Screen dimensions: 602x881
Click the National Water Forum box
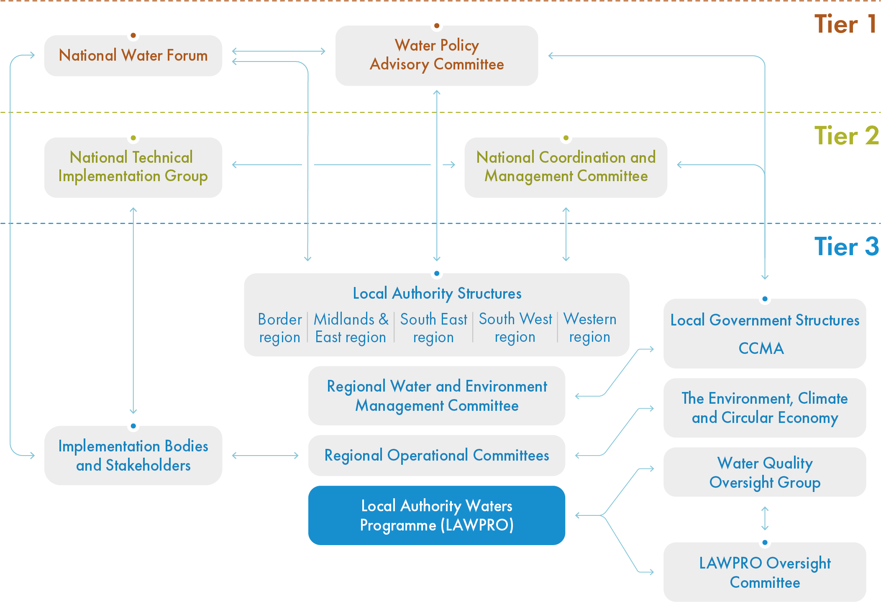click(x=133, y=56)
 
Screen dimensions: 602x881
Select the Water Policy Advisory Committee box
click(x=436, y=55)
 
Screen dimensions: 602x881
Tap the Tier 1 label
click(x=845, y=24)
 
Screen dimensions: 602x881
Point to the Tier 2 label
click(x=846, y=136)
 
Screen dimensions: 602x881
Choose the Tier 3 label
click(x=846, y=246)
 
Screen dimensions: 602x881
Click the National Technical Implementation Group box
click(x=133, y=167)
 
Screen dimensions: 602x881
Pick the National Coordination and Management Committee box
click(x=566, y=167)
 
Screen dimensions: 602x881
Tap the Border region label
click(x=279, y=328)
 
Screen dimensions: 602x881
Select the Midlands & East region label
click(x=351, y=328)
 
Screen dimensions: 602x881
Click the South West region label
click(x=515, y=328)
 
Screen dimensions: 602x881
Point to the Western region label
click(x=589, y=328)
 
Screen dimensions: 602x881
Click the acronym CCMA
click(x=761, y=348)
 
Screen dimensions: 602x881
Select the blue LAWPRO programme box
click(x=436, y=515)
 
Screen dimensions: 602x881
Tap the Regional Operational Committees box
click(x=436, y=456)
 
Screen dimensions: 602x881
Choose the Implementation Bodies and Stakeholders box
click(x=133, y=456)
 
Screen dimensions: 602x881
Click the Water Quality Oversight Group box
click(x=765, y=472)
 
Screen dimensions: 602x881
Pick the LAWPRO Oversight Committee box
click(x=765, y=572)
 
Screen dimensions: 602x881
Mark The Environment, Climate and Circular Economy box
click(x=765, y=408)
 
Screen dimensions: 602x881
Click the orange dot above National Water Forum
click(x=133, y=35)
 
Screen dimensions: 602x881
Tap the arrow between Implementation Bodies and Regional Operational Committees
click(x=265, y=456)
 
